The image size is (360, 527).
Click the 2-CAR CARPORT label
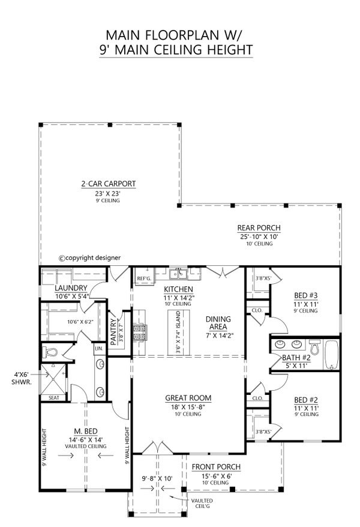coord(109,184)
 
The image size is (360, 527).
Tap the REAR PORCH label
coord(258,227)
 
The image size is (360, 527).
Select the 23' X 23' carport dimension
coord(109,193)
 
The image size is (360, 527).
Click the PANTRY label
coord(113,328)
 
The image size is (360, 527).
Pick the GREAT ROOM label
coord(188,397)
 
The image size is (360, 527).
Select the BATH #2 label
coord(290,358)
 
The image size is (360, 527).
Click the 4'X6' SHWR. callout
coord(21,378)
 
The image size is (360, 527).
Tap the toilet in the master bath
coord(50,352)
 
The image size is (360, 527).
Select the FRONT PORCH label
coord(216,466)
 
